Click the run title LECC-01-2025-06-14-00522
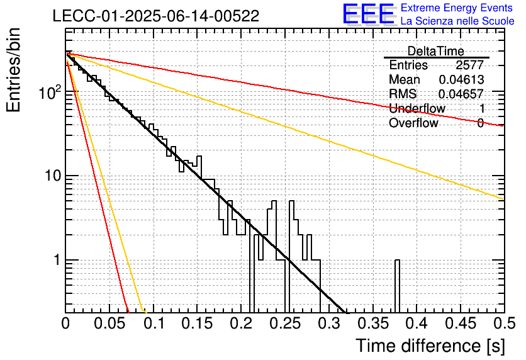coord(156,16)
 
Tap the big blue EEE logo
coord(369,14)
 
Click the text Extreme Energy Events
coord(457,8)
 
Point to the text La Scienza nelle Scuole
coord(457,21)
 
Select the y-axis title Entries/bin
coord(13,70)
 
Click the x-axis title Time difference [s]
coord(430,346)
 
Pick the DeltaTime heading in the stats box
coord(436,51)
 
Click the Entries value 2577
coord(469,65)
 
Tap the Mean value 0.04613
coord(461,79)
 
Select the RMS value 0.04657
coord(461,94)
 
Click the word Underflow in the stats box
coord(417,108)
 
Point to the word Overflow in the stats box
coord(413,123)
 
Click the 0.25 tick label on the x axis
coord(285,323)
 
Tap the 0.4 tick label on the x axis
coord(417,323)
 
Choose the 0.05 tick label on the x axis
coord(109,323)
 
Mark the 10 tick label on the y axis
coord(53,176)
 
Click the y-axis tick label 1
coord(57,260)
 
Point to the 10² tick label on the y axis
coord(50,93)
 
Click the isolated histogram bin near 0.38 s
coord(397,286)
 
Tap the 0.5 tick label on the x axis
coord(505,323)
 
